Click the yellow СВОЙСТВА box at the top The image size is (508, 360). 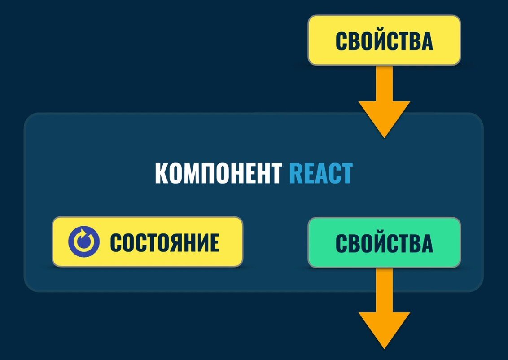click(x=384, y=40)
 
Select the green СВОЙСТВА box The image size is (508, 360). click(x=384, y=242)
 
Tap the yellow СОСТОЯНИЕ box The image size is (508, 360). click(x=147, y=242)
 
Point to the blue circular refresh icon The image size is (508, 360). click(x=83, y=242)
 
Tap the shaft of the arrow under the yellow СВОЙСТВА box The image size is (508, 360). click(x=384, y=83)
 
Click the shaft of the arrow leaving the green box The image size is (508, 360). click(x=384, y=290)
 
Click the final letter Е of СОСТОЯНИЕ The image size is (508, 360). click(x=214, y=242)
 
